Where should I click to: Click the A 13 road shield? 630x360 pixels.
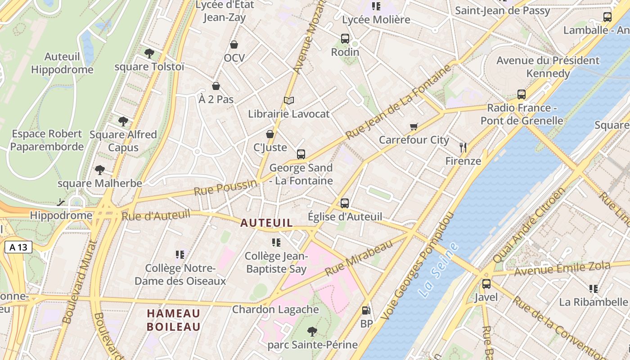click(18, 247)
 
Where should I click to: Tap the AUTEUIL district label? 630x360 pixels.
click(266, 223)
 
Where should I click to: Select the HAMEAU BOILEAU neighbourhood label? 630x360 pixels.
click(173, 320)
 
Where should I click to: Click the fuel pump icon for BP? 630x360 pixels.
click(366, 310)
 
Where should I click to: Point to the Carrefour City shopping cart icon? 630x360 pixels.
click(414, 126)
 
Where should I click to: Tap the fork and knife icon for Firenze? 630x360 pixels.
click(463, 147)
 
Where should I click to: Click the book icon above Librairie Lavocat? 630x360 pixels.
click(289, 100)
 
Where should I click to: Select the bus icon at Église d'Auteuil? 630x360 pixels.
click(345, 203)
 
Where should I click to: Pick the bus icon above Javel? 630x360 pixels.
click(486, 284)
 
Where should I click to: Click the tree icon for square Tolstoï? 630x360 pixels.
click(149, 54)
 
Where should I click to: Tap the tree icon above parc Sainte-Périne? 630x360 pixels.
click(312, 332)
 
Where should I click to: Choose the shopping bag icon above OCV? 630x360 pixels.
click(234, 45)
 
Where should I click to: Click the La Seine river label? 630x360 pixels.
click(438, 270)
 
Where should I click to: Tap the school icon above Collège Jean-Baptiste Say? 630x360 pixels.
click(276, 243)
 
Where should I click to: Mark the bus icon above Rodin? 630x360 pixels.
click(345, 39)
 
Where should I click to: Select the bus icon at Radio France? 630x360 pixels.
click(522, 94)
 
